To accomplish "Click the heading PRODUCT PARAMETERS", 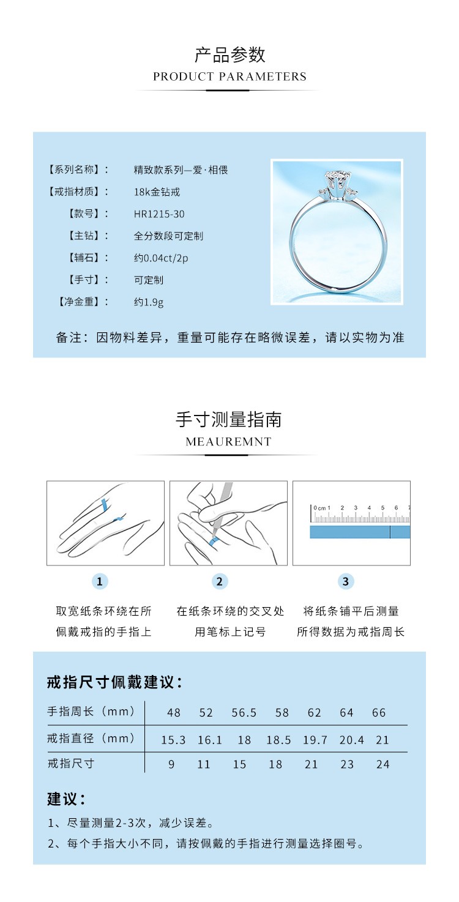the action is (229, 76).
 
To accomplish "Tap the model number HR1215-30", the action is (159, 214).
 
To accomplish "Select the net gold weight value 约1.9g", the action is (149, 302).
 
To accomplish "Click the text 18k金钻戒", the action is (157, 192).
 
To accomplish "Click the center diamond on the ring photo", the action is (337, 177).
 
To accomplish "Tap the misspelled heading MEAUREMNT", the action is (229, 441).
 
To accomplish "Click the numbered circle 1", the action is (100, 581).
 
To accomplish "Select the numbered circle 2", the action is (220, 581).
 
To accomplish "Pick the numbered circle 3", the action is (345, 581).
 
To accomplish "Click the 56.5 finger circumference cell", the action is (244, 713).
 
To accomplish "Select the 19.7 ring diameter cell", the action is (315, 740).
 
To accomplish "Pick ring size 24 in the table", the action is (382, 764).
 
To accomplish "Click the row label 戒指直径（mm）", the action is (91, 738).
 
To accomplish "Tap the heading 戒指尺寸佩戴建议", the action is (115, 682).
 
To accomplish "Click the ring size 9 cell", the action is (171, 764).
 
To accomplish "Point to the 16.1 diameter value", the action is (209, 740).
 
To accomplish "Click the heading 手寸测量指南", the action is (229, 420).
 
